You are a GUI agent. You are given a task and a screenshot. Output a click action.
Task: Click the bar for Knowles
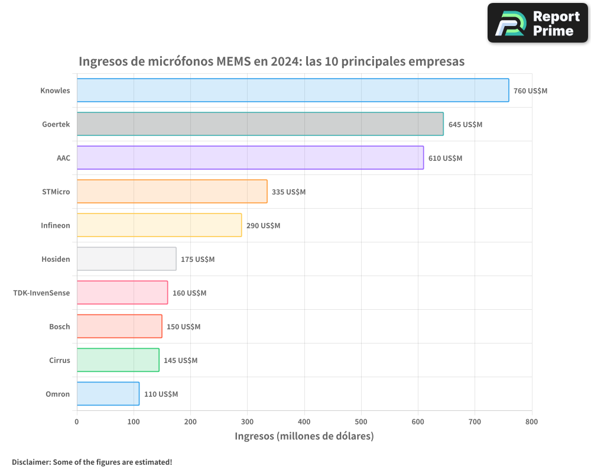293,90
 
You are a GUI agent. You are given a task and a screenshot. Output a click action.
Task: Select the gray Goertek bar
260,124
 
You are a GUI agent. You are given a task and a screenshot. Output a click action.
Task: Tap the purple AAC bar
250,158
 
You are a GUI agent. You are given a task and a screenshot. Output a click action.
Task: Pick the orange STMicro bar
172,192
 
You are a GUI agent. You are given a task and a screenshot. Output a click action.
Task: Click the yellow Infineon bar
159,225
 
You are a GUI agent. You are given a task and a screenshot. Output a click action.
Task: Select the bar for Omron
108,394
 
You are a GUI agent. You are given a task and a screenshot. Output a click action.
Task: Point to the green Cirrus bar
118,360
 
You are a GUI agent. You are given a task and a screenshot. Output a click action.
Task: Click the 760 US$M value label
530,91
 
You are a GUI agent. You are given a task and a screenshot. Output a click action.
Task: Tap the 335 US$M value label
288,192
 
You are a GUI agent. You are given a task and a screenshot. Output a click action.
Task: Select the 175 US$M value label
197,260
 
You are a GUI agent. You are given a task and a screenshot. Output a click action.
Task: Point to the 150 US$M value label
183,327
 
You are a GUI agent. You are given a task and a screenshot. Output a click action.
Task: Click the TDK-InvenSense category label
41,293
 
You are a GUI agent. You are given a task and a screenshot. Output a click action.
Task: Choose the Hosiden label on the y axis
56,259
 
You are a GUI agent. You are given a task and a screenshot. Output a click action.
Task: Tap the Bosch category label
59,326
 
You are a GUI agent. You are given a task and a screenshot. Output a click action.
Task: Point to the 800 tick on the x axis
531,422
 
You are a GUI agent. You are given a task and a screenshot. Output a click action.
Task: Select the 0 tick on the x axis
77,422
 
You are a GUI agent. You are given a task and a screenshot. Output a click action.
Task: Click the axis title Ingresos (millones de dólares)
304,436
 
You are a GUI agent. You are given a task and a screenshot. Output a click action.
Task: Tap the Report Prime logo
537,23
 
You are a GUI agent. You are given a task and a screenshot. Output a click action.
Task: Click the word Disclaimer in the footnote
31,462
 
